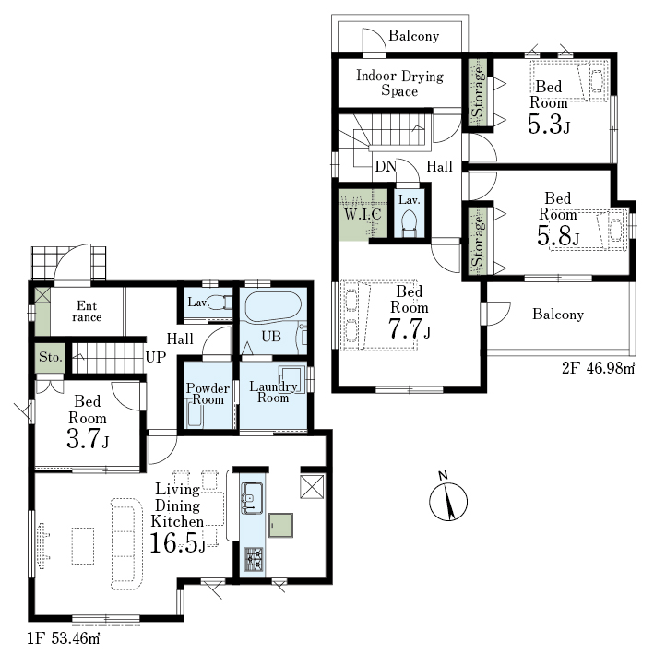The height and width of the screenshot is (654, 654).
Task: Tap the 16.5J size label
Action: (178, 542)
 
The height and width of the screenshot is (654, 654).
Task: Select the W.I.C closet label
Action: (363, 214)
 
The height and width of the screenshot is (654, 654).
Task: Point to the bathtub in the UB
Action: (273, 306)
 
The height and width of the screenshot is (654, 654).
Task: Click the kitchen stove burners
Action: (253, 559)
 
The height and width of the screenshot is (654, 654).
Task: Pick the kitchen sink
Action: (253, 498)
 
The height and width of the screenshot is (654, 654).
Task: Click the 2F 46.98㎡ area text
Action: (598, 368)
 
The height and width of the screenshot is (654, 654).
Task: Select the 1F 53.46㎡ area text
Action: (64, 638)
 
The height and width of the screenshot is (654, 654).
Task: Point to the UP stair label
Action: (156, 357)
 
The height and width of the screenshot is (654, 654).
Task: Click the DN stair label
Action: (386, 166)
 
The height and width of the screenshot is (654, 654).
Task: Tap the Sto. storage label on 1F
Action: (51, 357)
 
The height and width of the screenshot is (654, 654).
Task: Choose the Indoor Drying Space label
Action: (399, 83)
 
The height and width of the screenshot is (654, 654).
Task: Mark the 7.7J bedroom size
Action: (410, 328)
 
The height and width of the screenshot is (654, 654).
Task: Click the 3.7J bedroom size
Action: (88, 439)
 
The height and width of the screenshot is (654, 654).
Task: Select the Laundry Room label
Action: (273, 392)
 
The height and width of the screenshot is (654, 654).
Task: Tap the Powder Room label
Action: (208, 394)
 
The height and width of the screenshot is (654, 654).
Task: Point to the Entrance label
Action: (87, 312)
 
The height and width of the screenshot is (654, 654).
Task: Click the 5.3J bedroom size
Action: (549, 124)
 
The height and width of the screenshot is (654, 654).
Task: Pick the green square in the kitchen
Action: (280, 525)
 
